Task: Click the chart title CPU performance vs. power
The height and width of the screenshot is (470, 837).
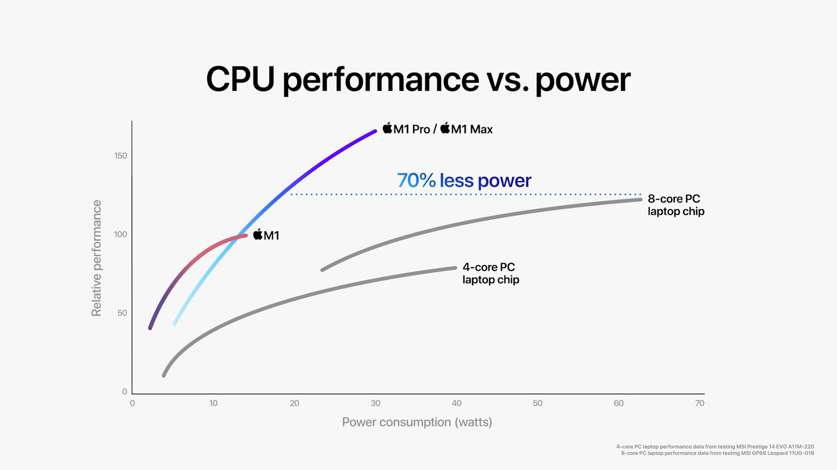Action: [x=418, y=79]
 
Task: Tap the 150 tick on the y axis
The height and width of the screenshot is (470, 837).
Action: [x=120, y=156]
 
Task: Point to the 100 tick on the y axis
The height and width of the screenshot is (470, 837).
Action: [x=120, y=234]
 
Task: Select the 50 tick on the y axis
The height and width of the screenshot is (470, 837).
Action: [x=122, y=313]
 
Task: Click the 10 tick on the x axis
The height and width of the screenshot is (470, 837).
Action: [x=213, y=403]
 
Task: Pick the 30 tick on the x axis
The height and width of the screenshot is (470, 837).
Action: [x=375, y=403]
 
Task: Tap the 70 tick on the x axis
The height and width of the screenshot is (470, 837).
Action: [x=699, y=403]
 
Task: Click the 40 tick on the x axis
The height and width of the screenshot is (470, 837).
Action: [x=457, y=403]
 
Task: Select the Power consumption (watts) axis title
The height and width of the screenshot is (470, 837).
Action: [x=417, y=422]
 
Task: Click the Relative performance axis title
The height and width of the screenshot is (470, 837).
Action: [x=97, y=258]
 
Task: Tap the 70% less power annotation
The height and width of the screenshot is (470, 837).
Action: [x=464, y=180]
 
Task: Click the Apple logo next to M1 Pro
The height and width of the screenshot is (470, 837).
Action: [x=387, y=128]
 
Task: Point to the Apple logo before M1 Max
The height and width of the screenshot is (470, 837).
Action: [x=445, y=128]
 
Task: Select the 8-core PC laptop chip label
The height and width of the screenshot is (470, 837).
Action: [x=676, y=205]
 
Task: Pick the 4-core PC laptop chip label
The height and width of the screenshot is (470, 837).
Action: [x=490, y=273]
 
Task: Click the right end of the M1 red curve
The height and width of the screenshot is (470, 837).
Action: [x=246, y=235]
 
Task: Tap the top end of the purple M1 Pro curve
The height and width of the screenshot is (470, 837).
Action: [x=375, y=131]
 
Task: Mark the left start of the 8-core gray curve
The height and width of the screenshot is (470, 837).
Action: [x=322, y=270]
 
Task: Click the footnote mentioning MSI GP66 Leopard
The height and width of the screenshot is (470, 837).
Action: [x=717, y=453]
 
